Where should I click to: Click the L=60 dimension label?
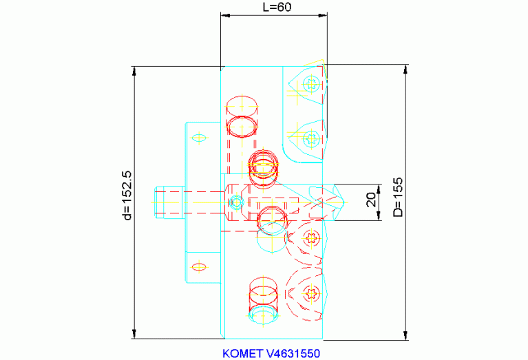pyautogui.click(x=277, y=7)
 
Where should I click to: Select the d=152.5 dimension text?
pyautogui.click(x=127, y=195)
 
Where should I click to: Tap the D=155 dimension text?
pyautogui.click(x=398, y=197)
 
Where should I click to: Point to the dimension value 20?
pyautogui.click(x=371, y=200)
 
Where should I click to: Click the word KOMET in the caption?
pyautogui.click(x=242, y=354)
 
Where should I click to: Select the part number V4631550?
pyautogui.click(x=293, y=354)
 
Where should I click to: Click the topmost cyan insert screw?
pyautogui.click(x=311, y=84)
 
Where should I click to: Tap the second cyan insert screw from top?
pyautogui.click(x=311, y=138)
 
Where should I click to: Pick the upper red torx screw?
pyautogui.click(x=311, y=238)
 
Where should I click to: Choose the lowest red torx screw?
pyautogui.click(x=311, y=294)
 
